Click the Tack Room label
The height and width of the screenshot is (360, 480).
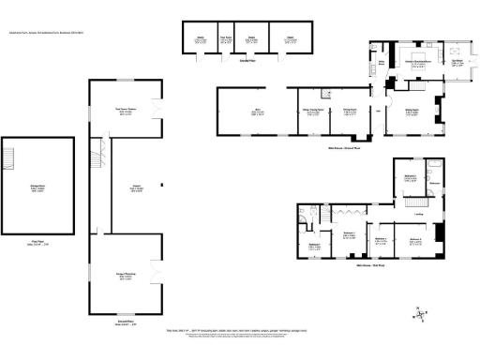(x=226, y=38)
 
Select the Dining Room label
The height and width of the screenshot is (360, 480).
(x=349, y=112)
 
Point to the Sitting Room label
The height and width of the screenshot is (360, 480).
(x=411, y=112)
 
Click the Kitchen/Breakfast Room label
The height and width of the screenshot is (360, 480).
(x=416, y=63)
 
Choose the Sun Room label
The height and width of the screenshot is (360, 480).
(x=457, y=63)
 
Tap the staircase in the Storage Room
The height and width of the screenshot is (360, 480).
(x=12, y=156)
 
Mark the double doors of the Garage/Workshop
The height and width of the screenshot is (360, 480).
(x=157, y=274)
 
